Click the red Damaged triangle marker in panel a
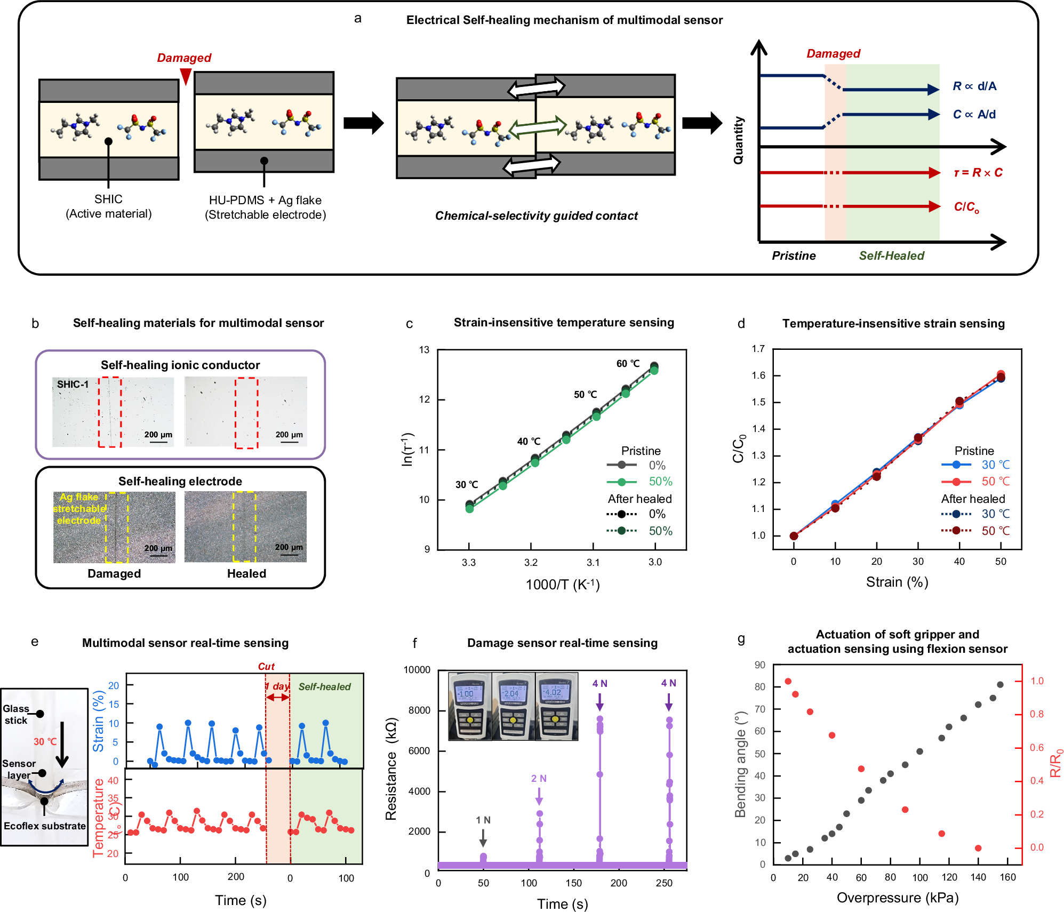[x=185, y=76]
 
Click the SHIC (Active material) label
[x=108, y=206]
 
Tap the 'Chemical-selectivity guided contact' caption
[x=536, y=215]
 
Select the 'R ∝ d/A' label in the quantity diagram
[x=974, y=86]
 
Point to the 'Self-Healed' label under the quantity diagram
[x=891, y=255]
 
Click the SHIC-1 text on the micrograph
[x=73, y=384]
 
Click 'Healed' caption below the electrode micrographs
[x=246, y=573]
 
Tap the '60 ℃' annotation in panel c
[x=628, y=364]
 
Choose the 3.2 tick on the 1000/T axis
[x=531, y=562]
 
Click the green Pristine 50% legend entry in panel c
[x=640, y=482]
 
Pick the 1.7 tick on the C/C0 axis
[x=758, y=349]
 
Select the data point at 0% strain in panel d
[x=794, y=536]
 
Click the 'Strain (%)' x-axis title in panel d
[x=897, y=582]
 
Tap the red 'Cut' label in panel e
[x=266, y=667]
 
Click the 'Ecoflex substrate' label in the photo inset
[x=45, y=826]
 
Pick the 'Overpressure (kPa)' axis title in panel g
[x=897, y=898]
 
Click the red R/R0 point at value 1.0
[x=788, y=681]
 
